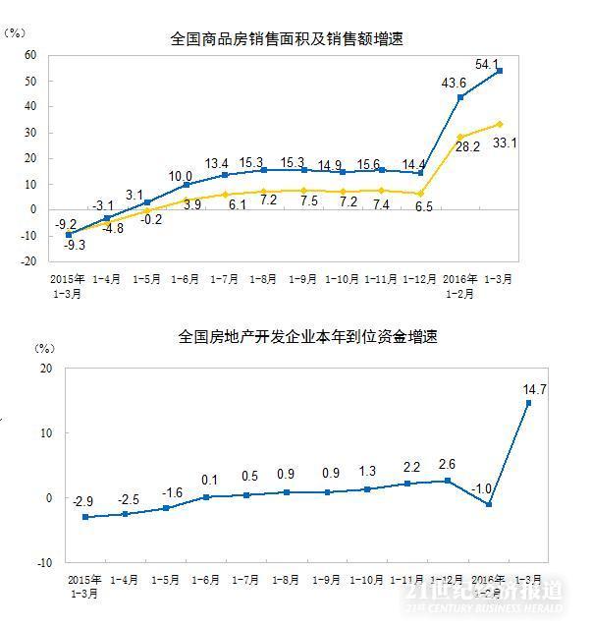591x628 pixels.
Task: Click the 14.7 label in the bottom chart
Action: click(x=534, y=389)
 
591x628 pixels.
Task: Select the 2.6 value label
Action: click(x=447, y=465)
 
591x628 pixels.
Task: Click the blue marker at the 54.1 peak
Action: click(x=500, y=71)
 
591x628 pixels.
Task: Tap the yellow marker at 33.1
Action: click(x=500, y=124)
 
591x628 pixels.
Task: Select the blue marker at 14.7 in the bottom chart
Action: click(x=527, y=403)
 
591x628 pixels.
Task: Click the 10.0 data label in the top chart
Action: click(x=183, y=176)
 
